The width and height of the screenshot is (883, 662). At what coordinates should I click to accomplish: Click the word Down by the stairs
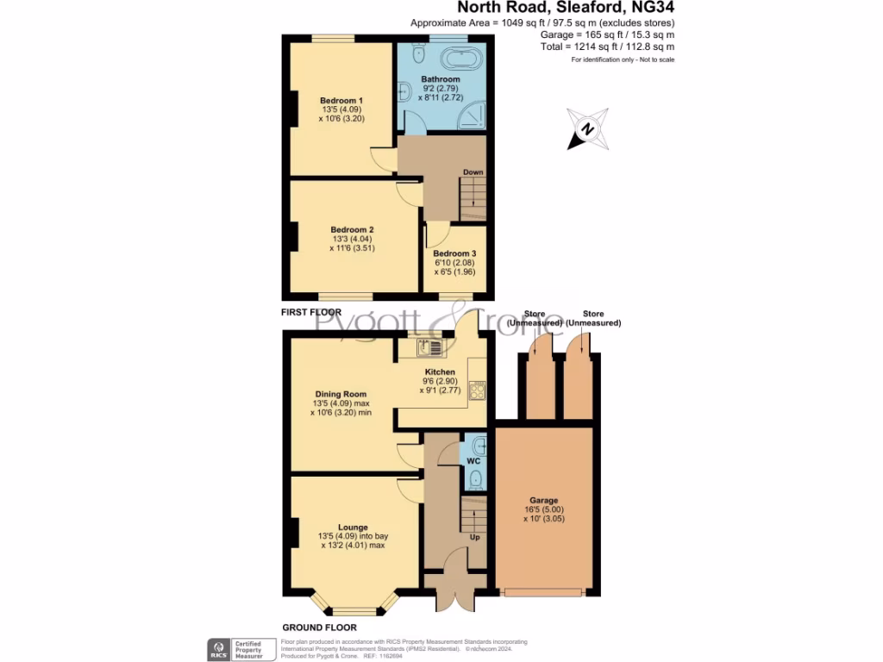pos(473,172)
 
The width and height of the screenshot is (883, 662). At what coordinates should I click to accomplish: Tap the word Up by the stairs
pos(473,537)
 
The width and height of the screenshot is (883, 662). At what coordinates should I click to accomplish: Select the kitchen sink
pos(429,348)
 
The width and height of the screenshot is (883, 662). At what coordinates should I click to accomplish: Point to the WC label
pos(473,462)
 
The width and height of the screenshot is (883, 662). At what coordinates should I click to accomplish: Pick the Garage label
pos(544,500)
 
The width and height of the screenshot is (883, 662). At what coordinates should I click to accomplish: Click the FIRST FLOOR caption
pos(311,312)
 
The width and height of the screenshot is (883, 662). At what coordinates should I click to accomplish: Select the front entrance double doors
pos(447,598)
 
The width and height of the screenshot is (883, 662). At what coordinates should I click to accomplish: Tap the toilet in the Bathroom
pos(416,55)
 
